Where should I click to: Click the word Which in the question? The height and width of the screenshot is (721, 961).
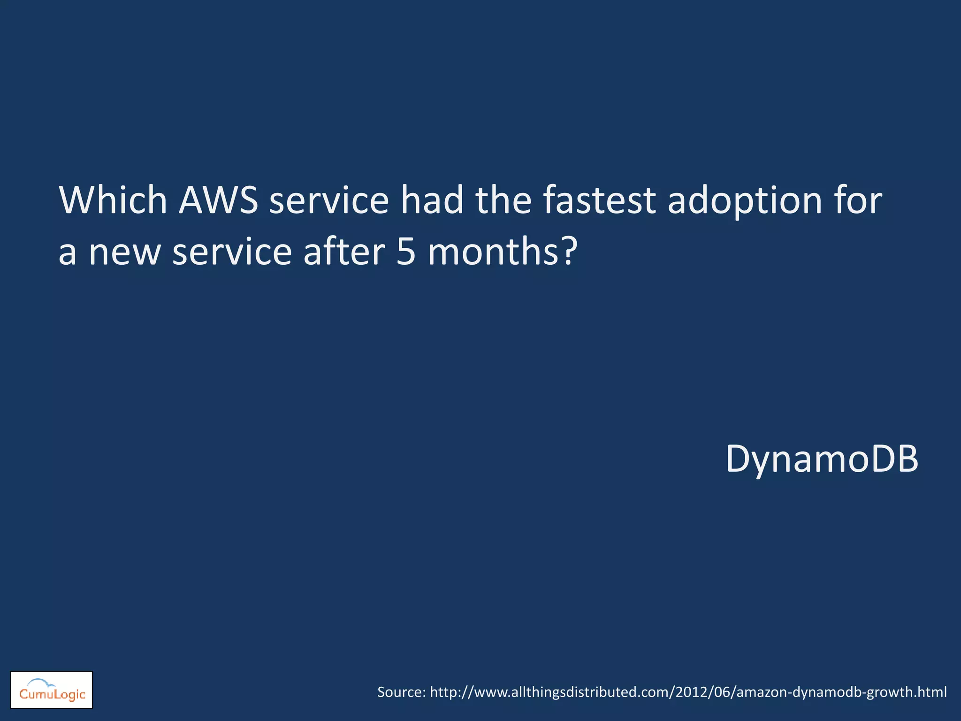113,200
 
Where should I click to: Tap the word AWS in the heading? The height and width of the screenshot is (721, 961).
218,200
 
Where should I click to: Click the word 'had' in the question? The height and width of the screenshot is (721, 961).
432,200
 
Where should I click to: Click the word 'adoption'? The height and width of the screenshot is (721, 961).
745,202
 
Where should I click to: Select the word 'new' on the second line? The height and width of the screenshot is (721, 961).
124,253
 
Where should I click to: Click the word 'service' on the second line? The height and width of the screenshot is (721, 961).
232,252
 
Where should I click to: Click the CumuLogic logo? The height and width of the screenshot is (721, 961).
52,690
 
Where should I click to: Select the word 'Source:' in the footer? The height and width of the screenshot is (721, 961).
402,692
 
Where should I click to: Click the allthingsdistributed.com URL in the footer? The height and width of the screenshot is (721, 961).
688,692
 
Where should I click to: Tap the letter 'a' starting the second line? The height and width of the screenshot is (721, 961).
68,253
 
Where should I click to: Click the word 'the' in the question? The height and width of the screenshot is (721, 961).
503,200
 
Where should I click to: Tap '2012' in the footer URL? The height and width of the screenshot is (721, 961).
692,692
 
